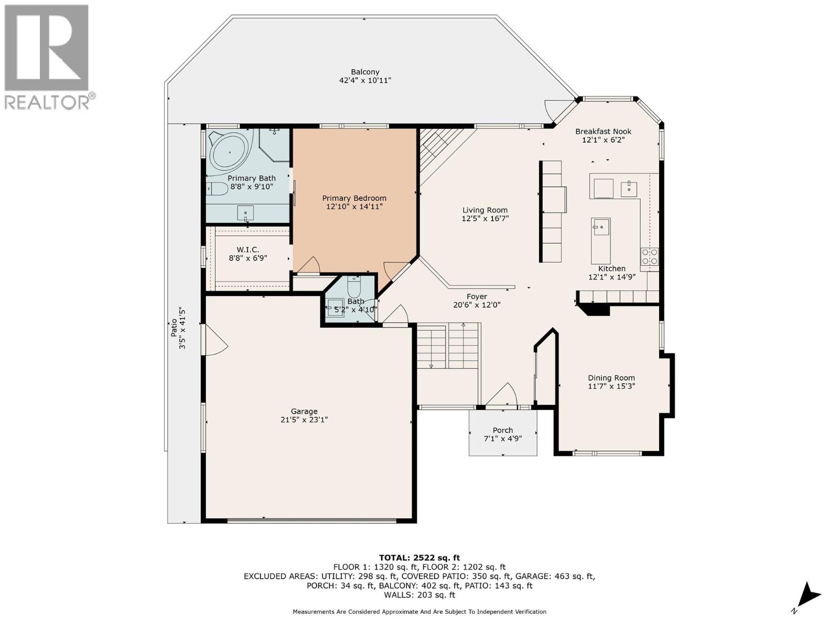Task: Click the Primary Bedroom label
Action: [x=354, y=198]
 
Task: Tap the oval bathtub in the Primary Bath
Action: [x=229, y=153]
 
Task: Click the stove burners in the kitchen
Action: [x=649, y=257]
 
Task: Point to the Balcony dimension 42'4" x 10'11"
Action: [x=365, y=81]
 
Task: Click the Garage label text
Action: [x=304, y=411]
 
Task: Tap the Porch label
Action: [x=503, y=430]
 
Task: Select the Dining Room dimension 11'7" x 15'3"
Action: [x=611, y=386]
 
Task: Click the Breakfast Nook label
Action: [x=603, y=132]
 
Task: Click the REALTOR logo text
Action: [x=50, y=102]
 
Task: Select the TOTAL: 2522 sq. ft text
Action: [x=419, y=558]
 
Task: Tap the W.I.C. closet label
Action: [x=248, y=250]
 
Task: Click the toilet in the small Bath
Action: [x=354, y=288]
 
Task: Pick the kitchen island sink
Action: [x=600, y=227]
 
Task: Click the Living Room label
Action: [x=485, y=210]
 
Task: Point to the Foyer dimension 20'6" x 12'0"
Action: [x=477, y=305]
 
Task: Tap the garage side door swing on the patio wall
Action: [x=217, y=340]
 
